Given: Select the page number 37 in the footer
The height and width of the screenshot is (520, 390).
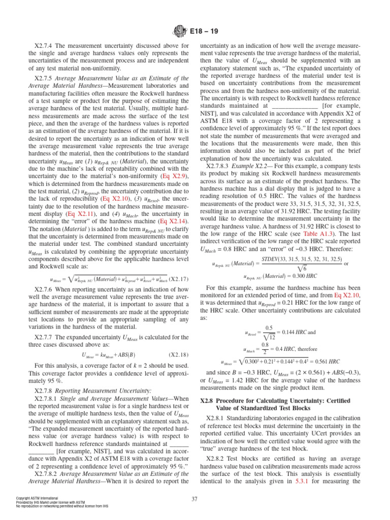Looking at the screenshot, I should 195,498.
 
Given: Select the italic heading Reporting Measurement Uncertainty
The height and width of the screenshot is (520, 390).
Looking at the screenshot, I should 87,391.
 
